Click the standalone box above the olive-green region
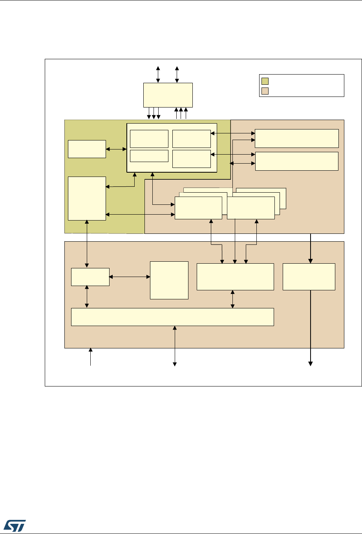point(168,95)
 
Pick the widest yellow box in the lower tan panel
point(172,317)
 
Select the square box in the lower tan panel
point(169,280)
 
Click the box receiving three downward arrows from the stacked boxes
point(235,277)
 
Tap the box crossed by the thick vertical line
point(309,277)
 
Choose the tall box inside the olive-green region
point(87,199)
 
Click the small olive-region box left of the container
point(87,149)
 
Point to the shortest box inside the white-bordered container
point(149,156)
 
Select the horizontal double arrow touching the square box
point(130,277)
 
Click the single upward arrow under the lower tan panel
point(91,357)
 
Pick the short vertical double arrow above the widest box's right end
point(233,299)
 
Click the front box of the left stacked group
point(198,208)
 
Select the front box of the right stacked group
point(250,208)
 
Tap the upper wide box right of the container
point(297,138)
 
